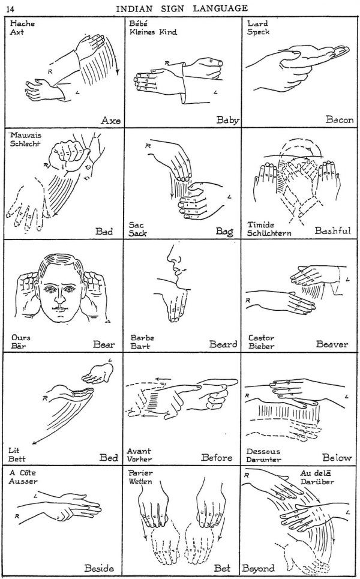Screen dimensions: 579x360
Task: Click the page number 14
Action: [11, 8]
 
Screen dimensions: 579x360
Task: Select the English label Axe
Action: [110, 120]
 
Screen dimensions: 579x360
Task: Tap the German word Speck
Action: [258, 32]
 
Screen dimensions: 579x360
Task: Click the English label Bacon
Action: [339, 120]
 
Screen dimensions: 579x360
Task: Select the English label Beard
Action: [223, 344]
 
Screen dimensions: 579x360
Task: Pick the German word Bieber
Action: [261, 347]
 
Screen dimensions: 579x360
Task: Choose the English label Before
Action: [217, 458]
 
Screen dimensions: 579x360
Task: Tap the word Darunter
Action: [263, 460]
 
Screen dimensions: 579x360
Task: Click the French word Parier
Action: [140, 473]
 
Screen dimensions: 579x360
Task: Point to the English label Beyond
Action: [259, 568]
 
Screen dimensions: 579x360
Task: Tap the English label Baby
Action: [227, 120]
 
